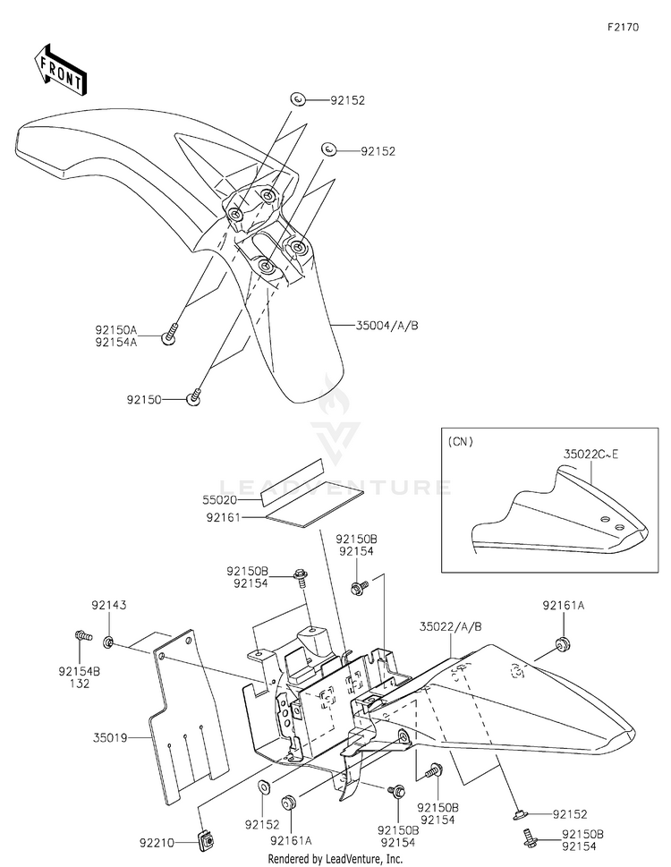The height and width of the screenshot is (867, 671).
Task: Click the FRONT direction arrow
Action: click(60, 69)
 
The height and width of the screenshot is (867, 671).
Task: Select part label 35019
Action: click(108, 738)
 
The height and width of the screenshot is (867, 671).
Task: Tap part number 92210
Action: click(157, 841)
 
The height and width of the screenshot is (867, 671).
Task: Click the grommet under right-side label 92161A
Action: click(564, 642)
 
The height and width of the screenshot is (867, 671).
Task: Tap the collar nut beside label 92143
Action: click(108, 642)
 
